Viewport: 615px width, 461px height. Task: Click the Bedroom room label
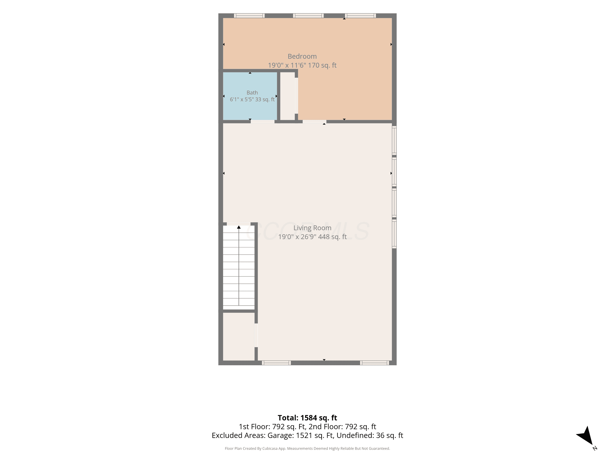point(302,56)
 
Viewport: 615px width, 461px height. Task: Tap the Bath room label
point(252,93)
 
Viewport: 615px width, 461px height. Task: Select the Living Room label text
point(312,228)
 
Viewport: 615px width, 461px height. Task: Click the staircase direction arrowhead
point(239,227)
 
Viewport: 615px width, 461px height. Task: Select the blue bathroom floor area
point(250,96)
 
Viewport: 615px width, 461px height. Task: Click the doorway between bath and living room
point(262,121)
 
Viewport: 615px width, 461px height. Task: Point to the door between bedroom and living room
point(314,121)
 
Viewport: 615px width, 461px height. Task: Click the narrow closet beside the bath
point(287,96)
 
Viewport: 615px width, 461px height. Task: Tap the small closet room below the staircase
point(239,336)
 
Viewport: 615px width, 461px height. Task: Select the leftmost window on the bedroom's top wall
point(249,16)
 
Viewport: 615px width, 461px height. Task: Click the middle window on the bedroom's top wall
point(308,16)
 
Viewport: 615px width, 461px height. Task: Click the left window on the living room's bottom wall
point(276,363)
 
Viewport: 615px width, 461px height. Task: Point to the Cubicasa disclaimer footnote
point(307,449)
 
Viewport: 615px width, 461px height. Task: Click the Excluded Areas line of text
point(307,435)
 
